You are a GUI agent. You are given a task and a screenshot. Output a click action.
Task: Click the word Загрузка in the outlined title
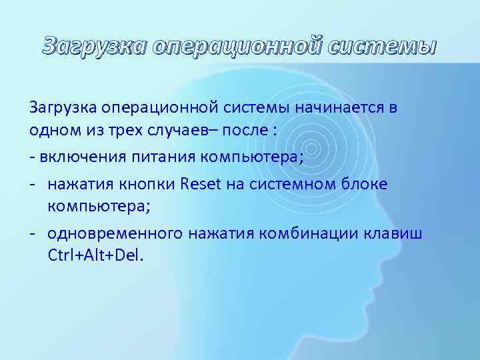tap(94, 46)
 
